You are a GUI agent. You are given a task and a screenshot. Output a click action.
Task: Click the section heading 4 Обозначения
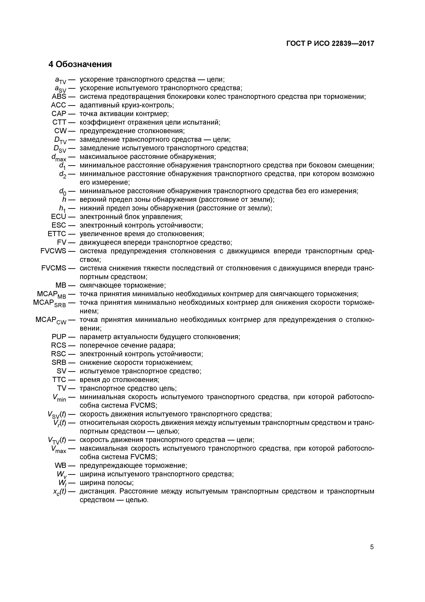(80, 64)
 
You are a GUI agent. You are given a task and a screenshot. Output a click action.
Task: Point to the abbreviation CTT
(59, 122)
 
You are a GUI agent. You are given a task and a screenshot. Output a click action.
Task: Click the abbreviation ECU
(59, 217)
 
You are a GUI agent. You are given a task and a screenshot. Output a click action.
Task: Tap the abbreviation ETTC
(57, 234)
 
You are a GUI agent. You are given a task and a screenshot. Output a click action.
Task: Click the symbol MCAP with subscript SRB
(50, 303)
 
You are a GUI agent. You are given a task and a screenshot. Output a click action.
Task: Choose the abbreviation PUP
(59, 337)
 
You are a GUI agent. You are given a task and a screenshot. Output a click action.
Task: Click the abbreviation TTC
(59, 380)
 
